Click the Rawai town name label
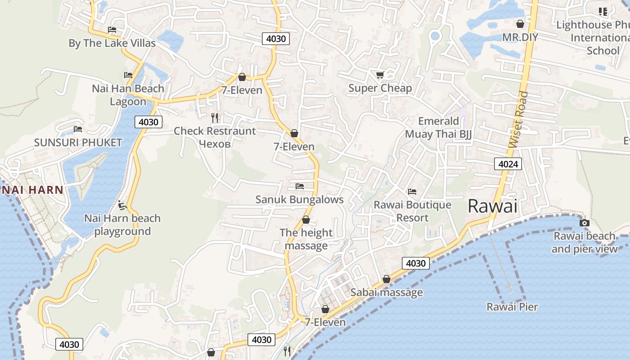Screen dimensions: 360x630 point(492,206)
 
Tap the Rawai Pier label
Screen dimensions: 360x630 point(512,307)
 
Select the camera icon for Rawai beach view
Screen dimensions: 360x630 point(584,223)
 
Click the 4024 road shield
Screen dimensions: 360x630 point(508,164)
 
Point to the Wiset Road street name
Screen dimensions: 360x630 point(518,120)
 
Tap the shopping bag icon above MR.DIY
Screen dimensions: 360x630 point(520,24)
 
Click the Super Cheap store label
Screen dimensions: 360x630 point(380,88)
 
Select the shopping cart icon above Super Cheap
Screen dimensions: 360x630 point(380,75)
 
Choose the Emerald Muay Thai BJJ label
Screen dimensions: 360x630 point(438,127)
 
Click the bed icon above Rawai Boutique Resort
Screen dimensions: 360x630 point(412,192)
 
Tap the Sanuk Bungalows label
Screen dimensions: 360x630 point(299,199)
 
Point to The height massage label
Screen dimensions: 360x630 point(306,239)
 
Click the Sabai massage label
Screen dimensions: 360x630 point(387,292)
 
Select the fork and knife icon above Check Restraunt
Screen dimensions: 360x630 point(215,118)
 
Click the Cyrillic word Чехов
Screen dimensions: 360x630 point(215,144)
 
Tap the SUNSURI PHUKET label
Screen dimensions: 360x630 point(78,143)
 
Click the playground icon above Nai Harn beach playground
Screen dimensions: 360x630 point(121,206)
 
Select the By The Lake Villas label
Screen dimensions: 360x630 point(112,43)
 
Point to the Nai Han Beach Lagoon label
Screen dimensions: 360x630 point(128,95)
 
